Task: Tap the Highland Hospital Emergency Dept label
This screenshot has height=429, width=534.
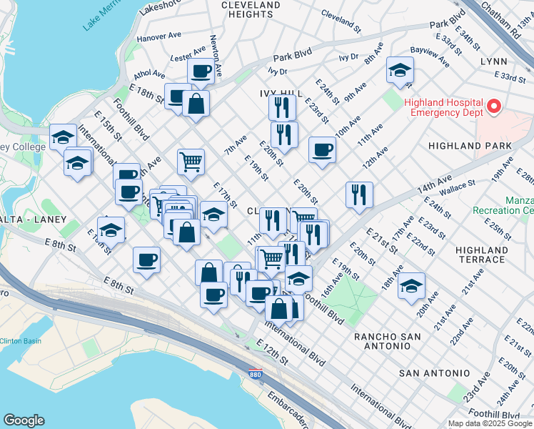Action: click(443, 107)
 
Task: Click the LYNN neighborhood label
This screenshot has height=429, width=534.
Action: click(493, 62)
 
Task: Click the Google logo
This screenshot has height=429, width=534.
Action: click(24, 420)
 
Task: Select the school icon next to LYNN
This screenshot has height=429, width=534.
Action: click(400, 71)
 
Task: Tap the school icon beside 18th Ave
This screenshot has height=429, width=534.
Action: click(411, 287)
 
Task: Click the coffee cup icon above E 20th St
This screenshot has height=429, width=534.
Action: click(322, 151)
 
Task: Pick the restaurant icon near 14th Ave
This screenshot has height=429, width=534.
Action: click(359, 195)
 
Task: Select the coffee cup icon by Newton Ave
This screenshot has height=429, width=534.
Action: click(201, 71)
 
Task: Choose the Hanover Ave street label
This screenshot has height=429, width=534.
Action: click(159, 36)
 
